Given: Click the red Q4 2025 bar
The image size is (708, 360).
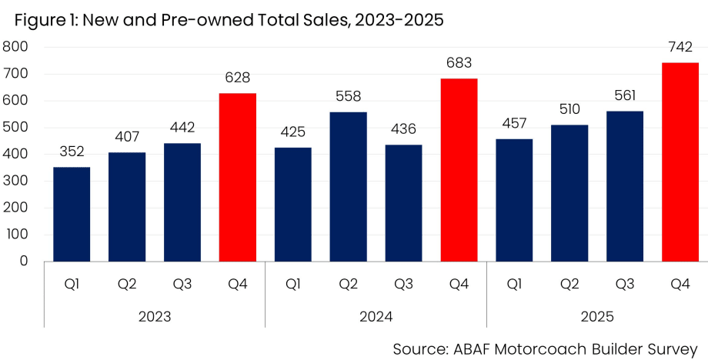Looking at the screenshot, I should (x=680, y=162).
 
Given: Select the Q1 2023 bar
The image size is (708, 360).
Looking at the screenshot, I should (x=72, y=214).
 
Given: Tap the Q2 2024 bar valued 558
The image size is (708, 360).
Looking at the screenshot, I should (x=348, y=186).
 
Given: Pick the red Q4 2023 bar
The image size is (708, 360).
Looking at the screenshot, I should (x=237, y=177).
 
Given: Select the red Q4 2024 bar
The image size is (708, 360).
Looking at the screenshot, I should (x=459, y=169).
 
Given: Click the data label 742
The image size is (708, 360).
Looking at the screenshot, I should (x=680, y=48).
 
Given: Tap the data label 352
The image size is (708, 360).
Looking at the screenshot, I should (x=72, y=152).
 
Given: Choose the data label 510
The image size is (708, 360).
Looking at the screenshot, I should (x=569, y=110).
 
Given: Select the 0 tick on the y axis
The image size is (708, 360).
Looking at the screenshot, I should (x=24, y=262).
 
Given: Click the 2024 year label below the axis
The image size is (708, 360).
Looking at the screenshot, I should (x=376, y=315).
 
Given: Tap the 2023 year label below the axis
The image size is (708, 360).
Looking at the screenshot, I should (x=155, y=315).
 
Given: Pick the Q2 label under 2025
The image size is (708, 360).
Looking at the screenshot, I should (x=569, y=285).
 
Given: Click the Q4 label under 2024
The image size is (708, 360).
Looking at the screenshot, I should (x=459, y=285).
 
